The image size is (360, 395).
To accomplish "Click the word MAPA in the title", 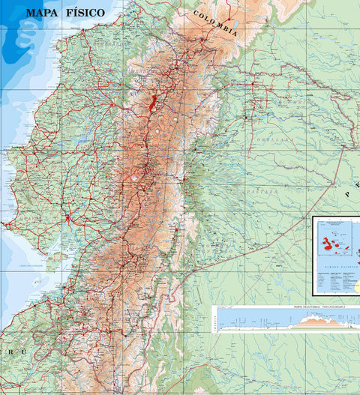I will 43,13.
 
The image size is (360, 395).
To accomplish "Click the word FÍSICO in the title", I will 95,13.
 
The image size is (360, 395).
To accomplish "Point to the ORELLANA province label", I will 271,139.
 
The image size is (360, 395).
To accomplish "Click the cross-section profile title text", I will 286,307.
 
